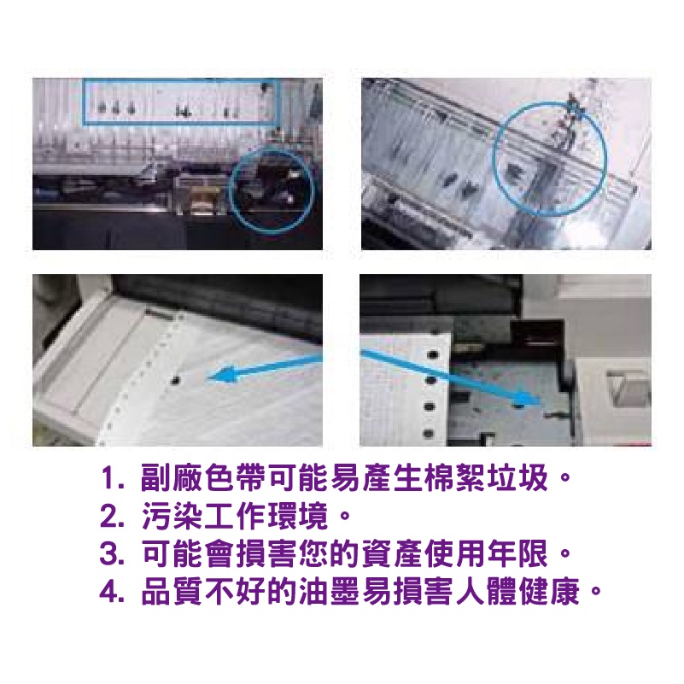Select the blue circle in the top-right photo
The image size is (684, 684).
[x=494, y=159]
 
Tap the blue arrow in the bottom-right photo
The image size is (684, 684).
[x=449, y=377]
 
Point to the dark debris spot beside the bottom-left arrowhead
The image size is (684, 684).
[x=176, y=380]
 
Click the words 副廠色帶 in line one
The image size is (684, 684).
[x=203, y=478]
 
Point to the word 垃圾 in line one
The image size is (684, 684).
[x=517, y=478]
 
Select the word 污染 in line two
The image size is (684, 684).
[x=172, y=516]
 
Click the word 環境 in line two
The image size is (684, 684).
[x=297, y=516]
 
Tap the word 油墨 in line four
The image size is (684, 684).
[x=329, y=592]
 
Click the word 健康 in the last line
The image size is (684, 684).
[x=549, y=592]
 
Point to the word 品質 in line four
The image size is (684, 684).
[x=172, y=592]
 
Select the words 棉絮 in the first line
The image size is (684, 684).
[x=454, y=478]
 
